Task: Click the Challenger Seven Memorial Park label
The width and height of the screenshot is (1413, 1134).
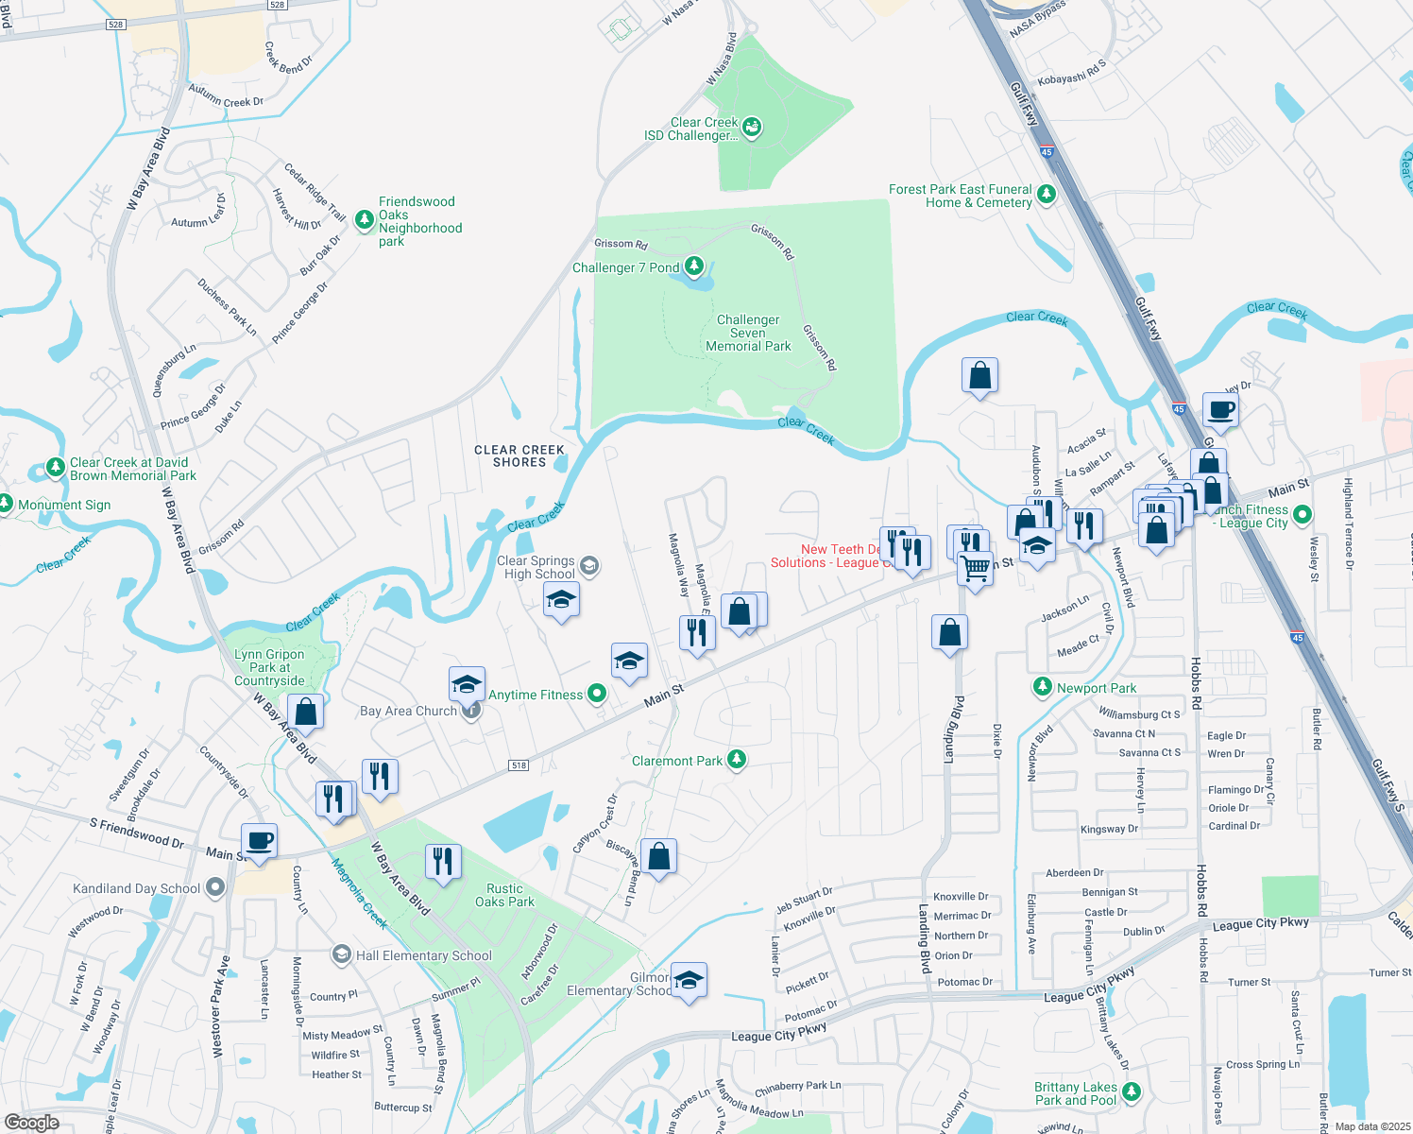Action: pyautogui.click(x=748, y=334)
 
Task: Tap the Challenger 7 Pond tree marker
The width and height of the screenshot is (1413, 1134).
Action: pyautogui.click(x=694, y=266)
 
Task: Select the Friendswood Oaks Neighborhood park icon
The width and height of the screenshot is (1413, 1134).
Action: pyautogui.click(x=365, y=220)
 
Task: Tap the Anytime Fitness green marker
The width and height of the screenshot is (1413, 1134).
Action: pyautogui.click(x=597, y=694)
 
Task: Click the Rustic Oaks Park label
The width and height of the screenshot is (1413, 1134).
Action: pyautogui.click(x=504, y=895)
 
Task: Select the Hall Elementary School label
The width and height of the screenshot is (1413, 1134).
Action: pyautogui.click(x=423, y=955)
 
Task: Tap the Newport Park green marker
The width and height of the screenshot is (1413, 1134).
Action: pyautogui.click(x=1042, y=687)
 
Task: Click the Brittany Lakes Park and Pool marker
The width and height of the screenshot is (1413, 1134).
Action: pyautogui.click(x=1131, y=1092)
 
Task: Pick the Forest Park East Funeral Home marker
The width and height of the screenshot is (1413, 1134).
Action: pyautogui.click(x=1046, y=195)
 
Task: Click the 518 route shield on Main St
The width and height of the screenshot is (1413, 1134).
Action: pyautogui.click(x=519, y=765)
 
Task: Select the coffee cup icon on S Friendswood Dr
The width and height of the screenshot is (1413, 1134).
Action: pyautogui.click(x=259, y=840)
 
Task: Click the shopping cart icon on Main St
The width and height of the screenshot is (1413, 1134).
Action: pyautogui.click(x=975, y=569)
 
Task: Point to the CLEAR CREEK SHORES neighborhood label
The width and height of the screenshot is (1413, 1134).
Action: pyautogui.click(x=519, y=455)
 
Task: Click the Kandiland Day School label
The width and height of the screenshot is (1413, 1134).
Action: pyautogui.click(x=136, y=888)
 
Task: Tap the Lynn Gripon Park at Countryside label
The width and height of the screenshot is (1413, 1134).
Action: pyautogui.click(x=270, y=667)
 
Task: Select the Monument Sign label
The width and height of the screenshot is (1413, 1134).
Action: pyautogui.click(x=64, y=505)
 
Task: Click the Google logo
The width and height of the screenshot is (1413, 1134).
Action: pyautogui.click(x=31, y=1122)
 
